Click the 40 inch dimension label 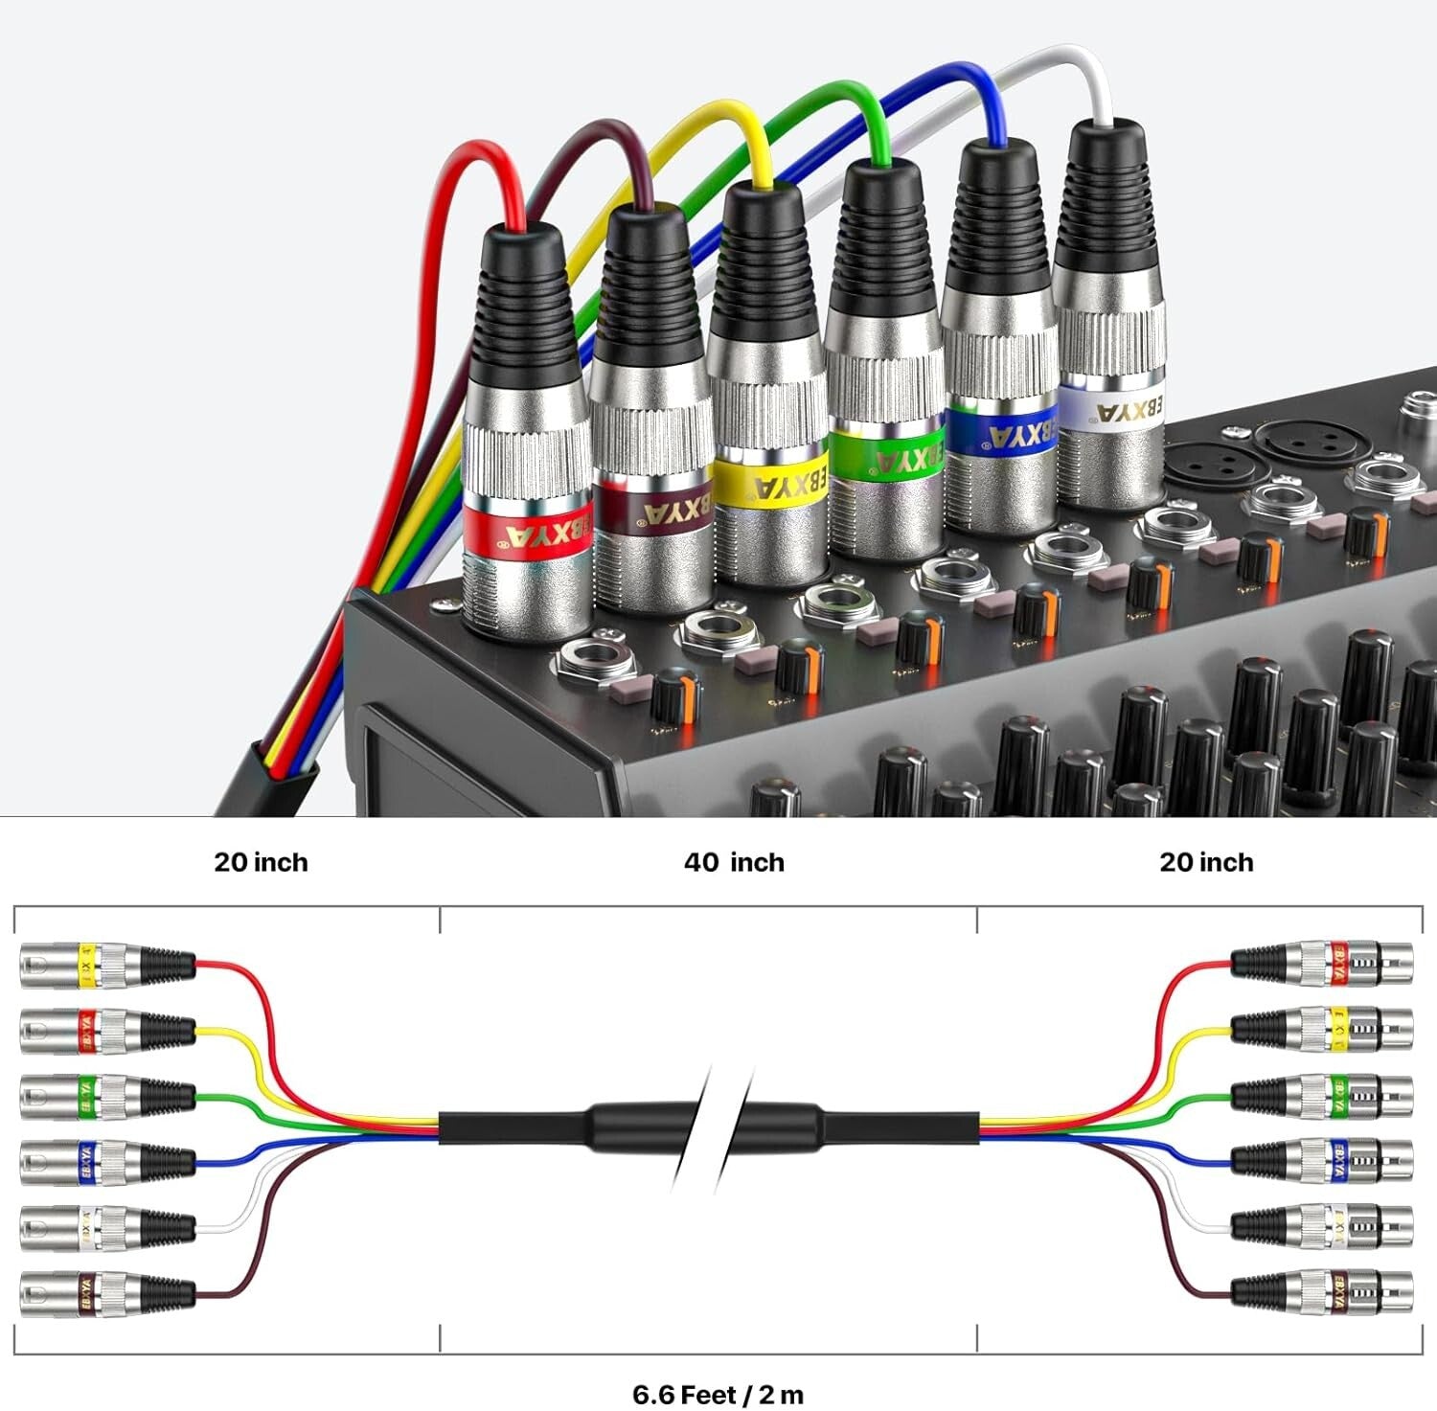point(734,862)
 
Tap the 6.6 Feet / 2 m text point(718,1394)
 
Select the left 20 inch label point(261,862)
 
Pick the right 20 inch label point(1206,862)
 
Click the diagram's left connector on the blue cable point(105,1161)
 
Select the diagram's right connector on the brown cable point(1322,1292)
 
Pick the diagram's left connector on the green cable point(105,1096)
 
